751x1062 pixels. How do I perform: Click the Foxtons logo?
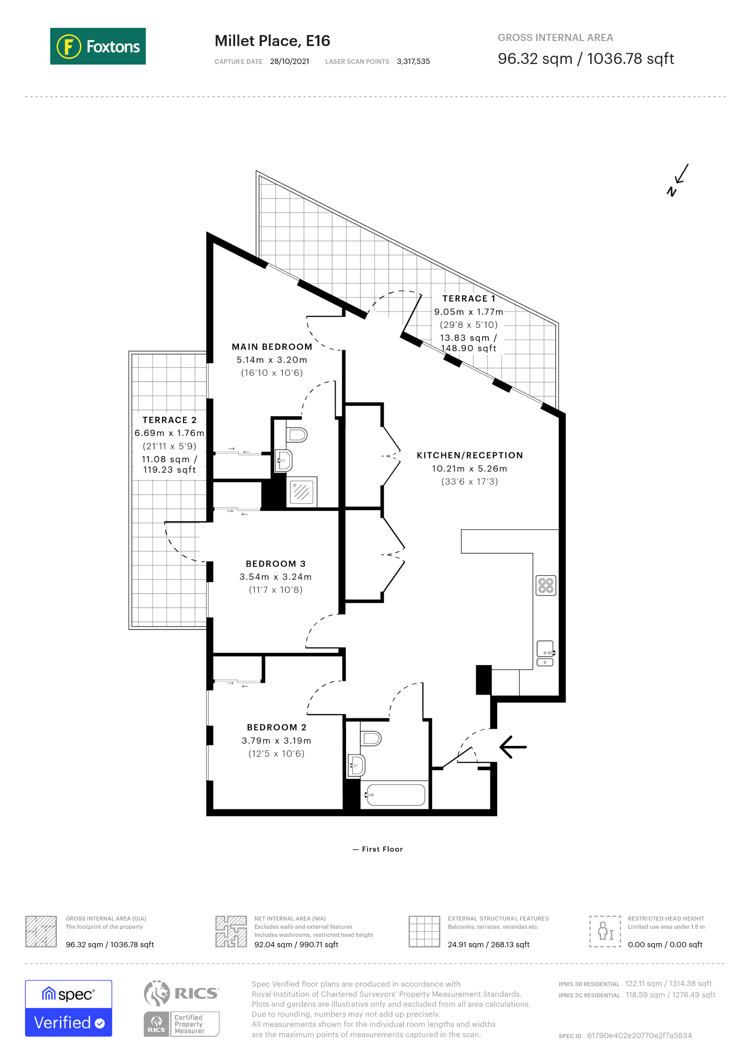click(x=98, y=46)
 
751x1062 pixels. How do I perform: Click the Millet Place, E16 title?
click(x=272, y=41)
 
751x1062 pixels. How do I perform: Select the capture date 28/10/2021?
click(x=289, y=61)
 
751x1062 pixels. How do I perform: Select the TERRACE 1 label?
click(x=468, y=298)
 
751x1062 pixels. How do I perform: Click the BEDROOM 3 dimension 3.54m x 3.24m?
click(x=275, y=577)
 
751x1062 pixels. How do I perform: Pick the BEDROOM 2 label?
click(x=276, y=727)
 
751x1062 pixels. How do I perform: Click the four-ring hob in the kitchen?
click(x=546, y=585)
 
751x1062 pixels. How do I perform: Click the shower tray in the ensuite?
click(x=301, y=491)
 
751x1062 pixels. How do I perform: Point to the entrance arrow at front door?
click(x=512, y=747)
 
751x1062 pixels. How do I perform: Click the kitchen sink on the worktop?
click(x=545, y=649)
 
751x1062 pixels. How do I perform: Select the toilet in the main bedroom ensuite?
click(x=297, y=435)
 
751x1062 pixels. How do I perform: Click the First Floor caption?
click(x=382, y=849)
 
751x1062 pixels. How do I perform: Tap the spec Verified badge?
click(x=68, y=1008)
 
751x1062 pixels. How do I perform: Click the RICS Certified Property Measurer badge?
click(x=181, y=1008)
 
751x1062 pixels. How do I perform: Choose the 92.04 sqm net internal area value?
click(x=296, y=945)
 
